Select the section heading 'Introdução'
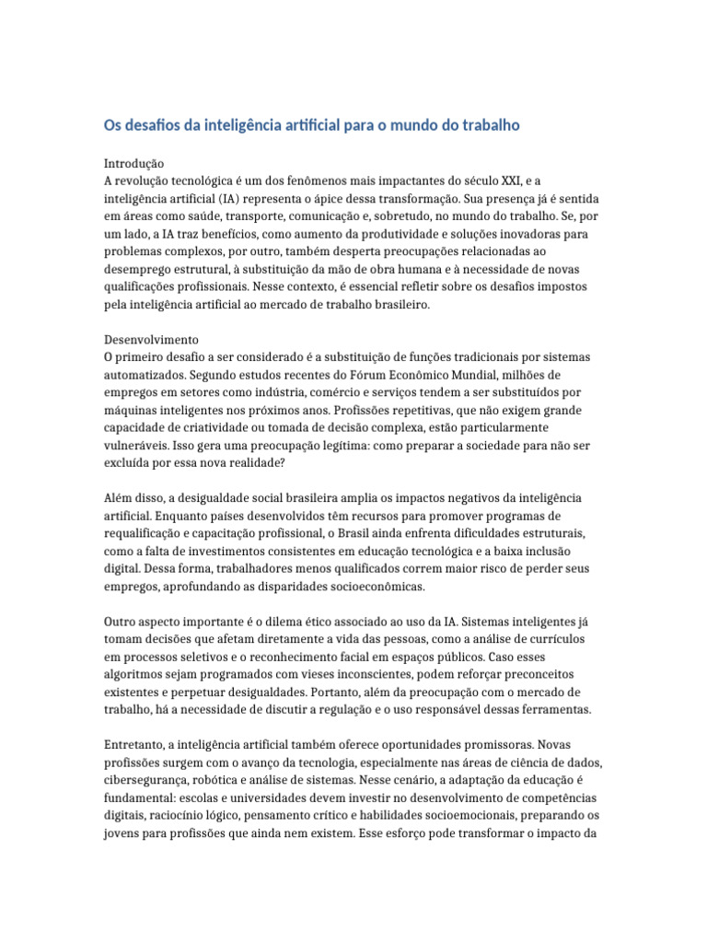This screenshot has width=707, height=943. tap(133, 163)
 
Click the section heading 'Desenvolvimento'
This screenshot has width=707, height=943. tap(151, 340)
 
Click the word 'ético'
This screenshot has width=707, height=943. tap(323, 622)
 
